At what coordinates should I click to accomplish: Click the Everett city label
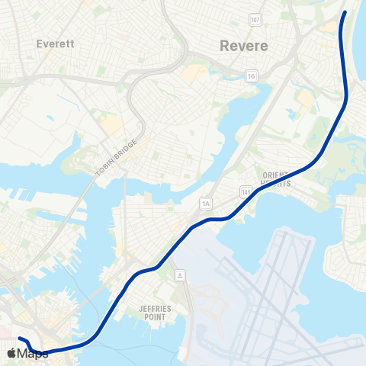pos(54,44)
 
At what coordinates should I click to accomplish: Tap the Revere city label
pos(243,46)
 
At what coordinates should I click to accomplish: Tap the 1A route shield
pos(205,203)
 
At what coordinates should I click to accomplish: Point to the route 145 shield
pos(245,189)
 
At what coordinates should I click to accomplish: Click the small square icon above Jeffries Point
pos(178,274)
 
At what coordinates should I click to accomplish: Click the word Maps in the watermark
pos(33,354)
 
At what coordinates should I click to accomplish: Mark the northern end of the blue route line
pos(345,12)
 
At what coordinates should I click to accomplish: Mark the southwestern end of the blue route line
pos(19,338)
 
